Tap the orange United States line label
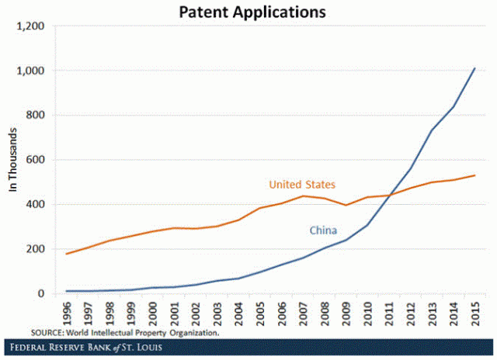tap(302, 185)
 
